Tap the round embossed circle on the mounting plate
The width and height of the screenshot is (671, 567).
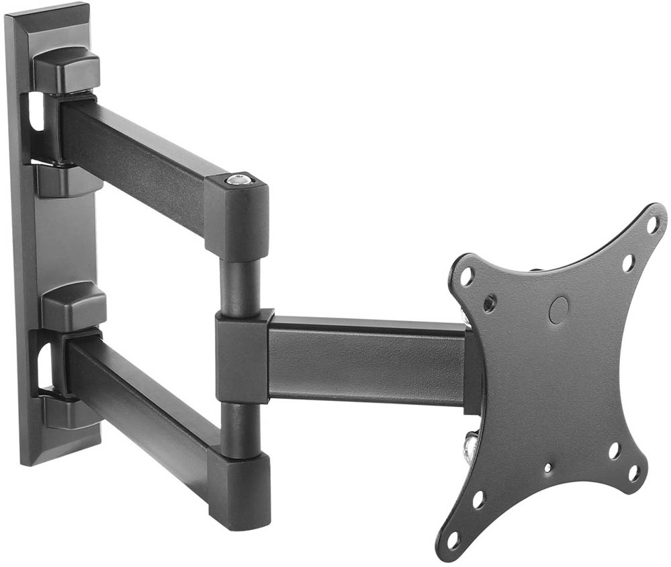coord(558,310)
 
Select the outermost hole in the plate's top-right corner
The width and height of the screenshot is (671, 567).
coord(652,224)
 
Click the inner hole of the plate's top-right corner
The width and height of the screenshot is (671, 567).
coord(628,263)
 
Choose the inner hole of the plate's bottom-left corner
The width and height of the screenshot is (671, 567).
coord(478,499)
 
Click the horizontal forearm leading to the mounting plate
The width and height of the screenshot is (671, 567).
coord(366,359)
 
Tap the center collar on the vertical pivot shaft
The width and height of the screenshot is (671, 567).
coord(243,356)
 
